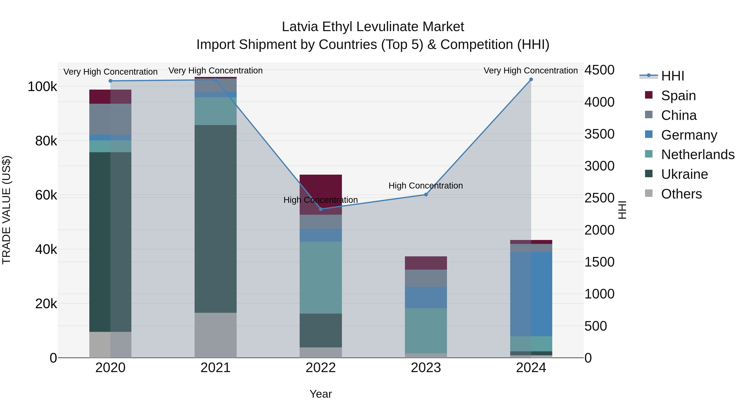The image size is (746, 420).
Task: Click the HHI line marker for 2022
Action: click(x=321, y=209)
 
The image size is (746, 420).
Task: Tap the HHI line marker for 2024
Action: click(x=531, y=79)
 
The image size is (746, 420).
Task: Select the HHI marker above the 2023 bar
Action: click(x=426, y=195)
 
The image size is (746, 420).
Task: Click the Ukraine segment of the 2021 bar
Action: click(x=216, y=219)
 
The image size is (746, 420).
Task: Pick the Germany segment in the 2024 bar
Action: click(x=531, y=294)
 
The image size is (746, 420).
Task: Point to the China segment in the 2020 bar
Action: click(x=110, y=119)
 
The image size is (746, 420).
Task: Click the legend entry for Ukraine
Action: click(x=684, y=174)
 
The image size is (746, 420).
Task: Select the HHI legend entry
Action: click(x=672, y=76)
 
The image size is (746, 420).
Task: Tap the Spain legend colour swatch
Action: click(x=649, y=95)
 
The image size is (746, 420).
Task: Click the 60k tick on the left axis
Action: click(x=46, y=195)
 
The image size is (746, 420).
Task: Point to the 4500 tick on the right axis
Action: click(x=599, y=70)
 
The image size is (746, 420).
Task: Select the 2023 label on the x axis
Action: click(x=426, y=368)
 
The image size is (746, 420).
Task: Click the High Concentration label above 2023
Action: click(x=426, y=185)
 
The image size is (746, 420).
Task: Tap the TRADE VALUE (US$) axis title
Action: click(x=7, y=210)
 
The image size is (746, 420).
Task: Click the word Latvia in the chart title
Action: click(x=300, y=27)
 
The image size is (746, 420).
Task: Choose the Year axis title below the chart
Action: click(x=321, y=394)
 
